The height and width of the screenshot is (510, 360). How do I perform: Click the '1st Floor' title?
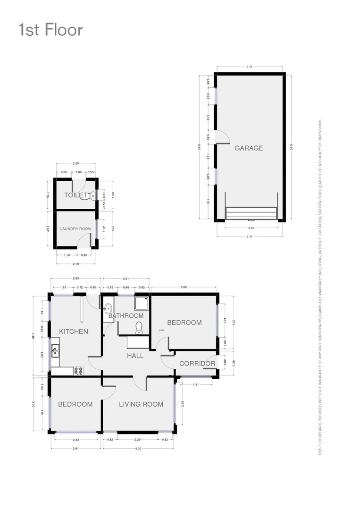(x=50, y=30)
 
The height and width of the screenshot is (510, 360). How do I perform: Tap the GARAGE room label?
(x=249, y=148)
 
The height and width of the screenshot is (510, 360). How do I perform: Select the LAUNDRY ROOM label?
(x=75, y=229)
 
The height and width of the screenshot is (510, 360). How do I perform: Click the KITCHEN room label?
(x=74, y=331)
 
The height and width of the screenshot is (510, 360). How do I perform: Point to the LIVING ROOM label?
(x=141, y=404)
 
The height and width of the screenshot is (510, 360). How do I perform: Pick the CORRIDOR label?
(x=197, y=364)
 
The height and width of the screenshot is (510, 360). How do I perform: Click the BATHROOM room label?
(x=126, y=315)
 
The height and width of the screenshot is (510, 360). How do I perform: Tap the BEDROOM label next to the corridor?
(x=184, y=323)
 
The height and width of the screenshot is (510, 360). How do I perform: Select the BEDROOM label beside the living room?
(x=75, y=404)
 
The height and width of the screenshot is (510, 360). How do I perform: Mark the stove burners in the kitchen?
(x=78, y=371)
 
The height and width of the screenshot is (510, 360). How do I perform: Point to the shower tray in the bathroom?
(x=141, y=303)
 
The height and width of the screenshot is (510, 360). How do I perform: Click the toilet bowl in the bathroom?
(x=139, y=327)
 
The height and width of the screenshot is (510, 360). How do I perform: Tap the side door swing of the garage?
(x=222, y=136)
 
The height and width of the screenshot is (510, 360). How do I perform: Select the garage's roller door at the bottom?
(x=250, y=213)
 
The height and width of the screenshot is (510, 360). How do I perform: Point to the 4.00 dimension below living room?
(x=138, y=448)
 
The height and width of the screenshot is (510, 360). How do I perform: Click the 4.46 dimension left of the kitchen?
(x=33, y=336)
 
